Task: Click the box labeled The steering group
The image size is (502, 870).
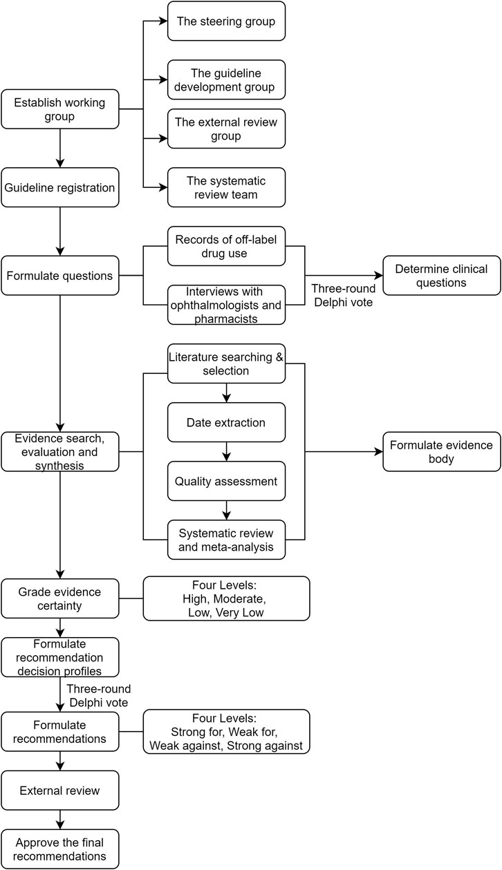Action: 226,21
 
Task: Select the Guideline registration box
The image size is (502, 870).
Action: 60,187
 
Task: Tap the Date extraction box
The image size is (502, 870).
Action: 226,422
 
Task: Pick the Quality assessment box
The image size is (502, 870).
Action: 226,481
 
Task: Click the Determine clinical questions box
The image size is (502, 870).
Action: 441,275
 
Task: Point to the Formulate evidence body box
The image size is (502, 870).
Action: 441,452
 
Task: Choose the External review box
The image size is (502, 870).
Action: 60,791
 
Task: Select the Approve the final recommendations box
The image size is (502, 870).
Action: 60,849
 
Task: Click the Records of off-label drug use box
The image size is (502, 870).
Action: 226,246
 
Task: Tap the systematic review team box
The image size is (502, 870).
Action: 226,187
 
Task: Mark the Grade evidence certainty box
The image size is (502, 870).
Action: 60,598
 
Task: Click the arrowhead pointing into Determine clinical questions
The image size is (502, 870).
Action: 378,275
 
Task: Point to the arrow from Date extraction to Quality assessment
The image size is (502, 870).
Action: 226,452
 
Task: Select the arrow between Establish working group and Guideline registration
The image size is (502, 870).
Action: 60,148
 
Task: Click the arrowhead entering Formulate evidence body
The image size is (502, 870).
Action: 378,452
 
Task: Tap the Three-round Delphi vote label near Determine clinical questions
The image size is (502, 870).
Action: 344,295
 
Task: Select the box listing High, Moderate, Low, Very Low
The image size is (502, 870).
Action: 226,598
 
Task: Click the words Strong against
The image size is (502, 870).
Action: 265,746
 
